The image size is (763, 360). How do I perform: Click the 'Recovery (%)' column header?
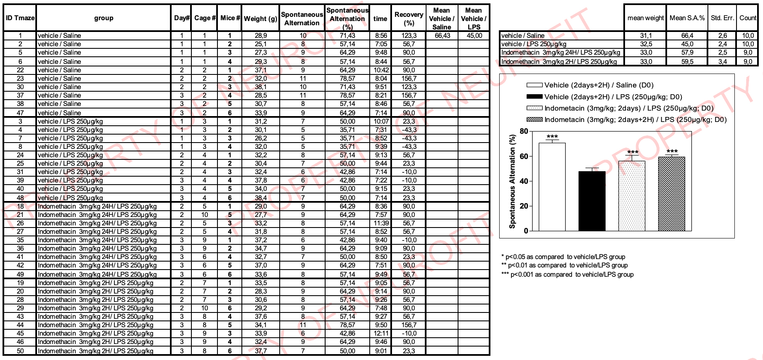coord(408,19)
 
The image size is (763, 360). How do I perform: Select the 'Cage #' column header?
coord(204,18)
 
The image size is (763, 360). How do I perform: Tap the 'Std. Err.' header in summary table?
coord(722,18)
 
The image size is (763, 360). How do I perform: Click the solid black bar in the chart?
coord(592,201)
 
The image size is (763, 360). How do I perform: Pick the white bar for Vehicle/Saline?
coord(552,187)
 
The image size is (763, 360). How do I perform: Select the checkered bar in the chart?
coord(671,194)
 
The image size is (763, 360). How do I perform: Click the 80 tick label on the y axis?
coord(524,131)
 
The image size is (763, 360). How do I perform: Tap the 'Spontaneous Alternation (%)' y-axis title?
coord(512,182)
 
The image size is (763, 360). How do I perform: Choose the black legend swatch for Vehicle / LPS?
coord(534,97)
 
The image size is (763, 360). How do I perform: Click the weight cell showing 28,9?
coord(260,36)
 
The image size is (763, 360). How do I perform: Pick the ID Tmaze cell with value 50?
coord(20,351)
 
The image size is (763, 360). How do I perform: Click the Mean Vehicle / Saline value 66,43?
coord(442,36)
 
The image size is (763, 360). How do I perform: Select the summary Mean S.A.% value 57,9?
coord(687,53)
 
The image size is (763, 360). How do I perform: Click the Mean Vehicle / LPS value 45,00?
coord(474,36)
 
